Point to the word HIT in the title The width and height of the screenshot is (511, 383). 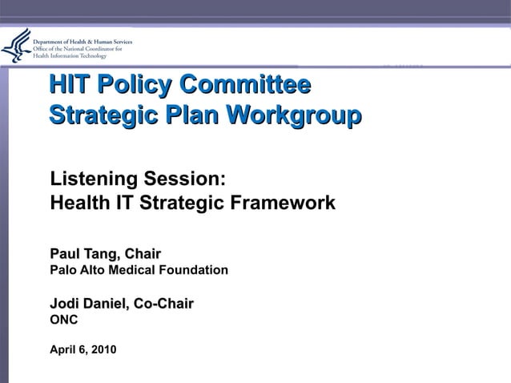coord(68,84)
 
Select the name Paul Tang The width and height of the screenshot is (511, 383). coord(82,254)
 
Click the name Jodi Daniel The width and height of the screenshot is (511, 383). coord(88,304)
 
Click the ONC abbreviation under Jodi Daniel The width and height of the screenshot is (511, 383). coord(64,320)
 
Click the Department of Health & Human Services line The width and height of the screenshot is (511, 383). coord(82,41)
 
